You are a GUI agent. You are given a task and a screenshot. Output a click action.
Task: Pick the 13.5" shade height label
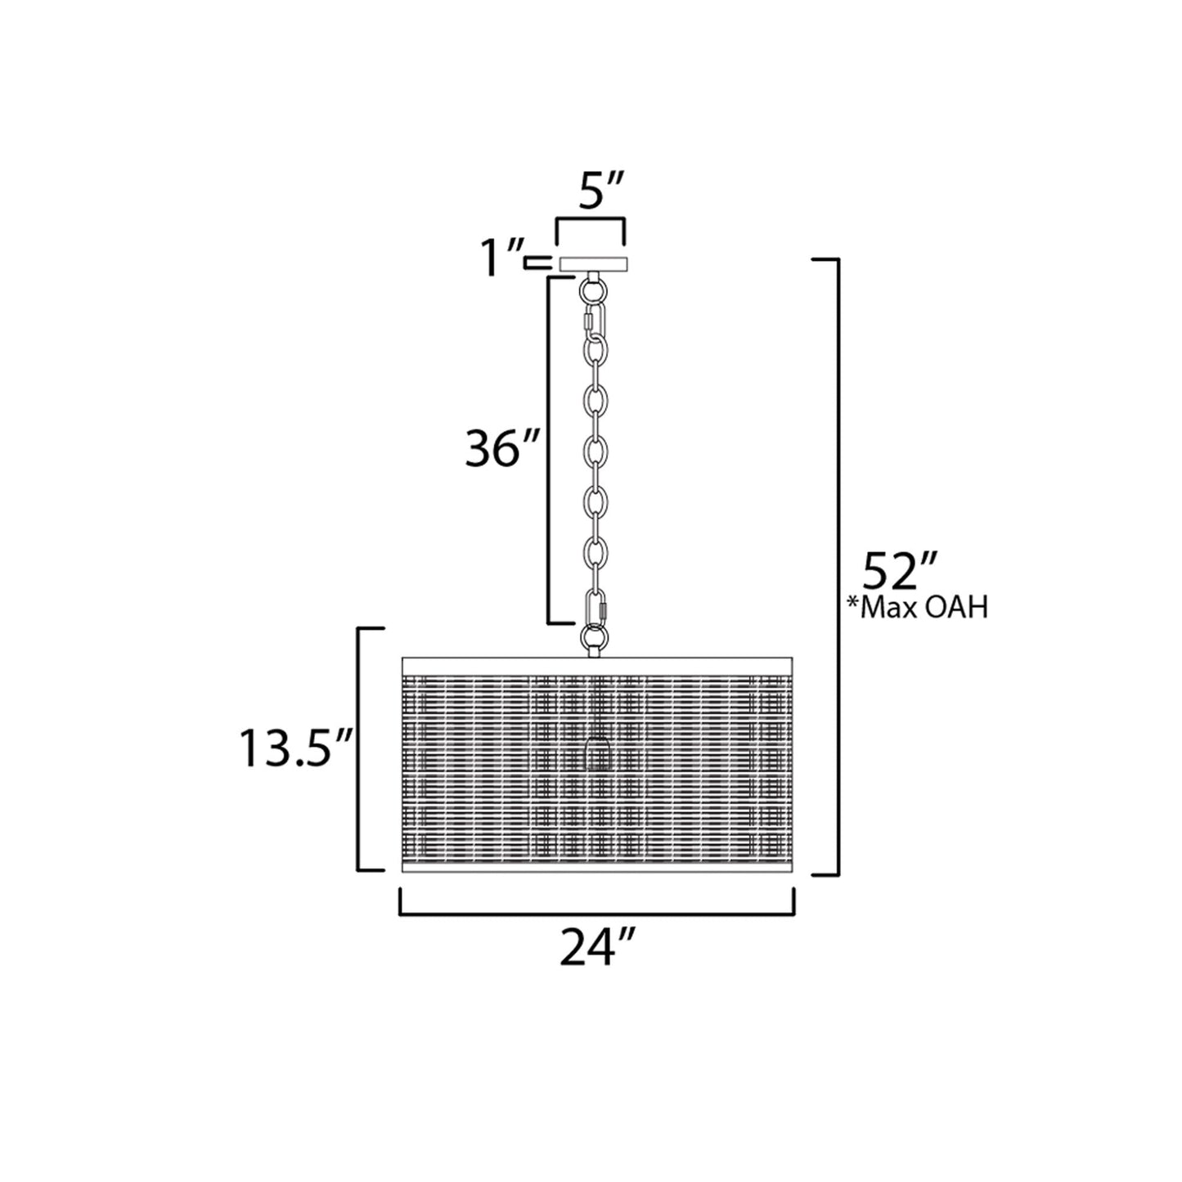click(x=294, y=748)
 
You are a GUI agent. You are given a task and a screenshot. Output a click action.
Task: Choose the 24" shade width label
click(x=598, y=948)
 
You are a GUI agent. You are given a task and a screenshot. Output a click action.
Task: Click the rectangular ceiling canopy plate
click(x=593, y=263)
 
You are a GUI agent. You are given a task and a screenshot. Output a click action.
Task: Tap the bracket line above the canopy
click(x=591, y=221)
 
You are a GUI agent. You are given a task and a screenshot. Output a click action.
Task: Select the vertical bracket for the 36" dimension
click(x=549, y=450)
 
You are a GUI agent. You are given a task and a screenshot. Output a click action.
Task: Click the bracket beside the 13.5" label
click(x=361, y=748)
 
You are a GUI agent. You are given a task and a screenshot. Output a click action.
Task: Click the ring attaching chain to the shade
click(x=593, y=637)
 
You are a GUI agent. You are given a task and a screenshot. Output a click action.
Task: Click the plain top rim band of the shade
click(x=596, y=663)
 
